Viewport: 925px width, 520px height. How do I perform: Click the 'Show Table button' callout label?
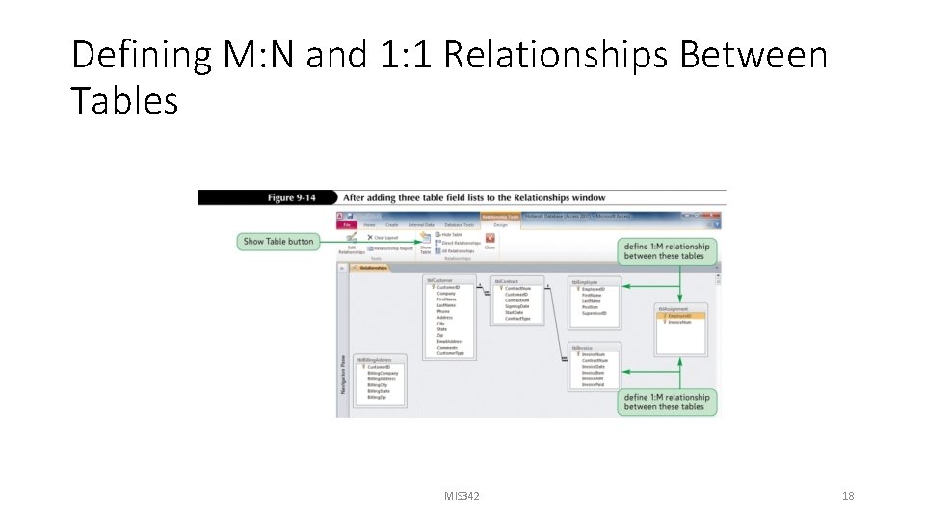point(278,241)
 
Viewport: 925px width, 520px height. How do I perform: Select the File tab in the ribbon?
point(345,224)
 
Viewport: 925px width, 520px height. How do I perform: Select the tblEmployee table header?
point(586,282)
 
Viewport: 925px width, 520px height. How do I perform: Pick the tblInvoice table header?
point(583,348)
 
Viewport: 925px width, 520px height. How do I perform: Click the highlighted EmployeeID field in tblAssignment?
point(679,316)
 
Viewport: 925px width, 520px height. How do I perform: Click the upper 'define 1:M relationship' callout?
point(667,250)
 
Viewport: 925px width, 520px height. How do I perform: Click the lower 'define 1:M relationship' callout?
point(667,402)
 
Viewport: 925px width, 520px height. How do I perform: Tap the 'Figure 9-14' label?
point(292,197)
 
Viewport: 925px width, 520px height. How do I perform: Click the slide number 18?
point(848,496)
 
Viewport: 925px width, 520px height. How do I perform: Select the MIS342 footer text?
point(462,496)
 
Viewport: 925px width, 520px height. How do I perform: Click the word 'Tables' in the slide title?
point(124,100)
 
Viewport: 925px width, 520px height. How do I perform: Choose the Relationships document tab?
point(371,268)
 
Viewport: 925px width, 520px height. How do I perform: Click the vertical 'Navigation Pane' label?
point(343,373)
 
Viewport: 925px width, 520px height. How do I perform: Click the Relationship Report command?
point(389,248)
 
